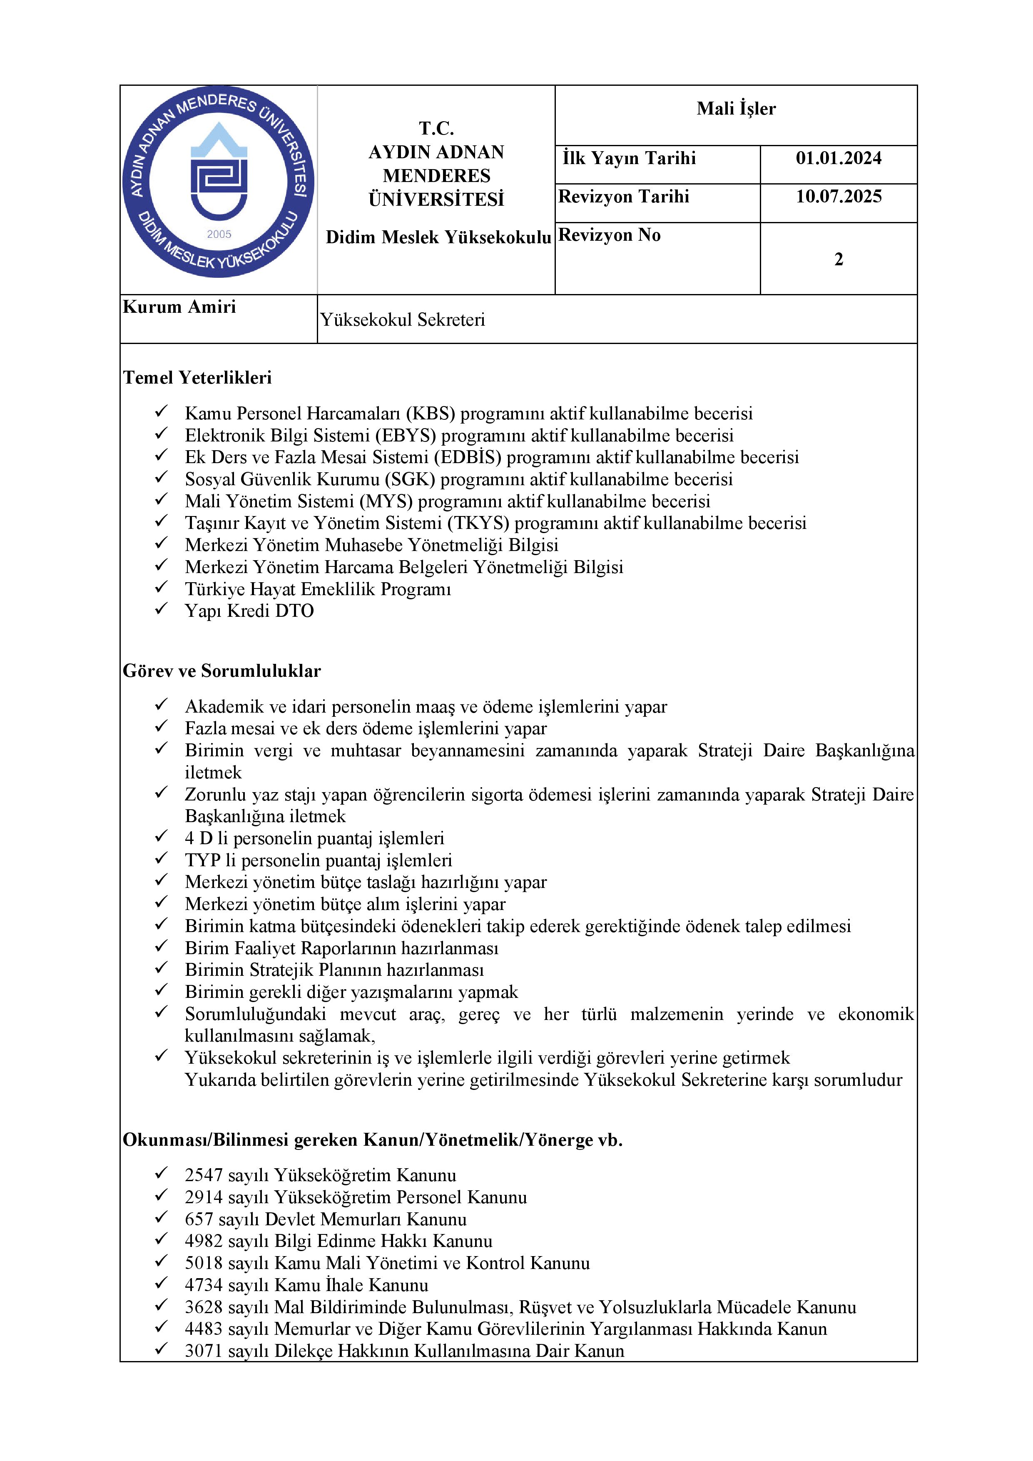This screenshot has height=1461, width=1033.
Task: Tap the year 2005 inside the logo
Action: pyautogui.click(x=219, y=234)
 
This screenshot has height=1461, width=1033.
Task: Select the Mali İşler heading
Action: pyautogui.click(x=736, y=109)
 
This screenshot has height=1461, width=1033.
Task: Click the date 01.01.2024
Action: pyautogui.click(x=839, y=158)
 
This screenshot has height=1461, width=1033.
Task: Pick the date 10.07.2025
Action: pyautogui.click(x=839, y=197)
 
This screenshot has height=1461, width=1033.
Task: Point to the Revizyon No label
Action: pyautogui.click(x=610, y=235)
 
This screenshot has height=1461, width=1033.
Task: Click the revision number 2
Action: pyautogui.click(x=839, y=259)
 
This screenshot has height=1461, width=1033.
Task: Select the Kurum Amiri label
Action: pyautogui.click(x=179, y=307)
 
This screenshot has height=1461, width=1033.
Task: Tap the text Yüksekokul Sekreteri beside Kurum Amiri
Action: pyautogui.click(x=402, y=319)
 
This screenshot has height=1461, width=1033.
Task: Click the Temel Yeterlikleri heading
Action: pyautogui.click(x=197, y=378)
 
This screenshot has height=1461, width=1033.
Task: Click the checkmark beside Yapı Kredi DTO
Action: pyautogui.click(x=162, y=609)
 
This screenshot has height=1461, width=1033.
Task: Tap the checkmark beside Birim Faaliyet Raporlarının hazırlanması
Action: pyautogui.click(x=162, y=946)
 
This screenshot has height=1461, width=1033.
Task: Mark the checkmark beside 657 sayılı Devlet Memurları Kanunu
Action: pyautogui.click(x=162, y=1217)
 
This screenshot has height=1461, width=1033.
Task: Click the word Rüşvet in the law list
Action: pyautogui.click(x=548, y=1307)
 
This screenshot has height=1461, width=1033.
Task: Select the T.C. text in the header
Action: pyautogui.click(x=436, y=129)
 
